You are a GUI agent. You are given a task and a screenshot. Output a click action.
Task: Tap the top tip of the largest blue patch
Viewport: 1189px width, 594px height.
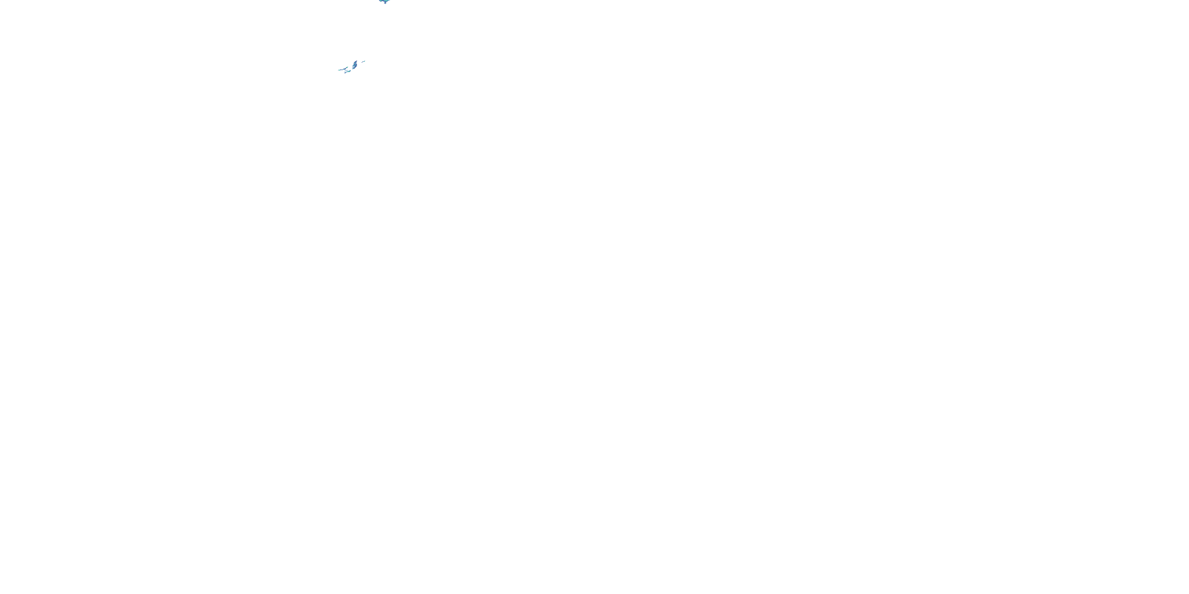pyautogui.click(x=357, y=61)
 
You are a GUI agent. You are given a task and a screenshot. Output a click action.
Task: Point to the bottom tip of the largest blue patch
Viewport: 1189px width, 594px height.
pyautogui.click(x=353, y=69)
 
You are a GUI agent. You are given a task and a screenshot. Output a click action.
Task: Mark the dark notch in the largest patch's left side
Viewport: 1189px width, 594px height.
pyautogui.click(x=354, y=67)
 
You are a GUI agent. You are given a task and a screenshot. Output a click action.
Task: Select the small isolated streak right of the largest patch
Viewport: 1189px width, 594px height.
pyautogui.click(x=364, y=62)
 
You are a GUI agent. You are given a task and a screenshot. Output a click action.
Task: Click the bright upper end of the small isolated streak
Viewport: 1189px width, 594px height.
pyautogui.click(x=365, y=61)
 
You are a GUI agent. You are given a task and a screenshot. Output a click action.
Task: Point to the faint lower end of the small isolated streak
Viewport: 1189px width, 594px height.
pyautogui.click(x=362, y=63)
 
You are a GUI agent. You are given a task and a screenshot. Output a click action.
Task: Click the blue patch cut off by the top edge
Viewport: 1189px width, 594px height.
pyautogui.click(x=385, y=1)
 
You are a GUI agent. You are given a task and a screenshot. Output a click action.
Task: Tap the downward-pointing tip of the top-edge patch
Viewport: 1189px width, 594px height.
pyautogui.click(x=385, y=4)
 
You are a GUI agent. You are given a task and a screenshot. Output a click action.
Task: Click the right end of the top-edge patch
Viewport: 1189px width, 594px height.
pyautogui.click(x=390, y=0)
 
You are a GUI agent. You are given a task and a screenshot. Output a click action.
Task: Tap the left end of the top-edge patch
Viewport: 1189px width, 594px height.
pyautogui.click(x=379, y=0)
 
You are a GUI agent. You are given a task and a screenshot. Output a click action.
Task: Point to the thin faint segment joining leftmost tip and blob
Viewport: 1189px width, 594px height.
pyautogui.click(x=342, y=70)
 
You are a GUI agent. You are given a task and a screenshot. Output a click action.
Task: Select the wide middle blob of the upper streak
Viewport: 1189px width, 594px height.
pyautogui.click(x=345, y=69)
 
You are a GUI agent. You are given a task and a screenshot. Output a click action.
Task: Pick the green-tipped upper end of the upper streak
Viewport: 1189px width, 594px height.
pyautogui.click(x=347, y=67)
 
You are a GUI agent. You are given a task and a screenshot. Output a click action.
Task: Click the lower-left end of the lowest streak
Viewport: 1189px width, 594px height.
pyautogui.click(x=345, y=73)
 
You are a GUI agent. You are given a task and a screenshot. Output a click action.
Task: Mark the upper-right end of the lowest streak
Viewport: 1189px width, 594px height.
pyautogui.click(x=350, y=70)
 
